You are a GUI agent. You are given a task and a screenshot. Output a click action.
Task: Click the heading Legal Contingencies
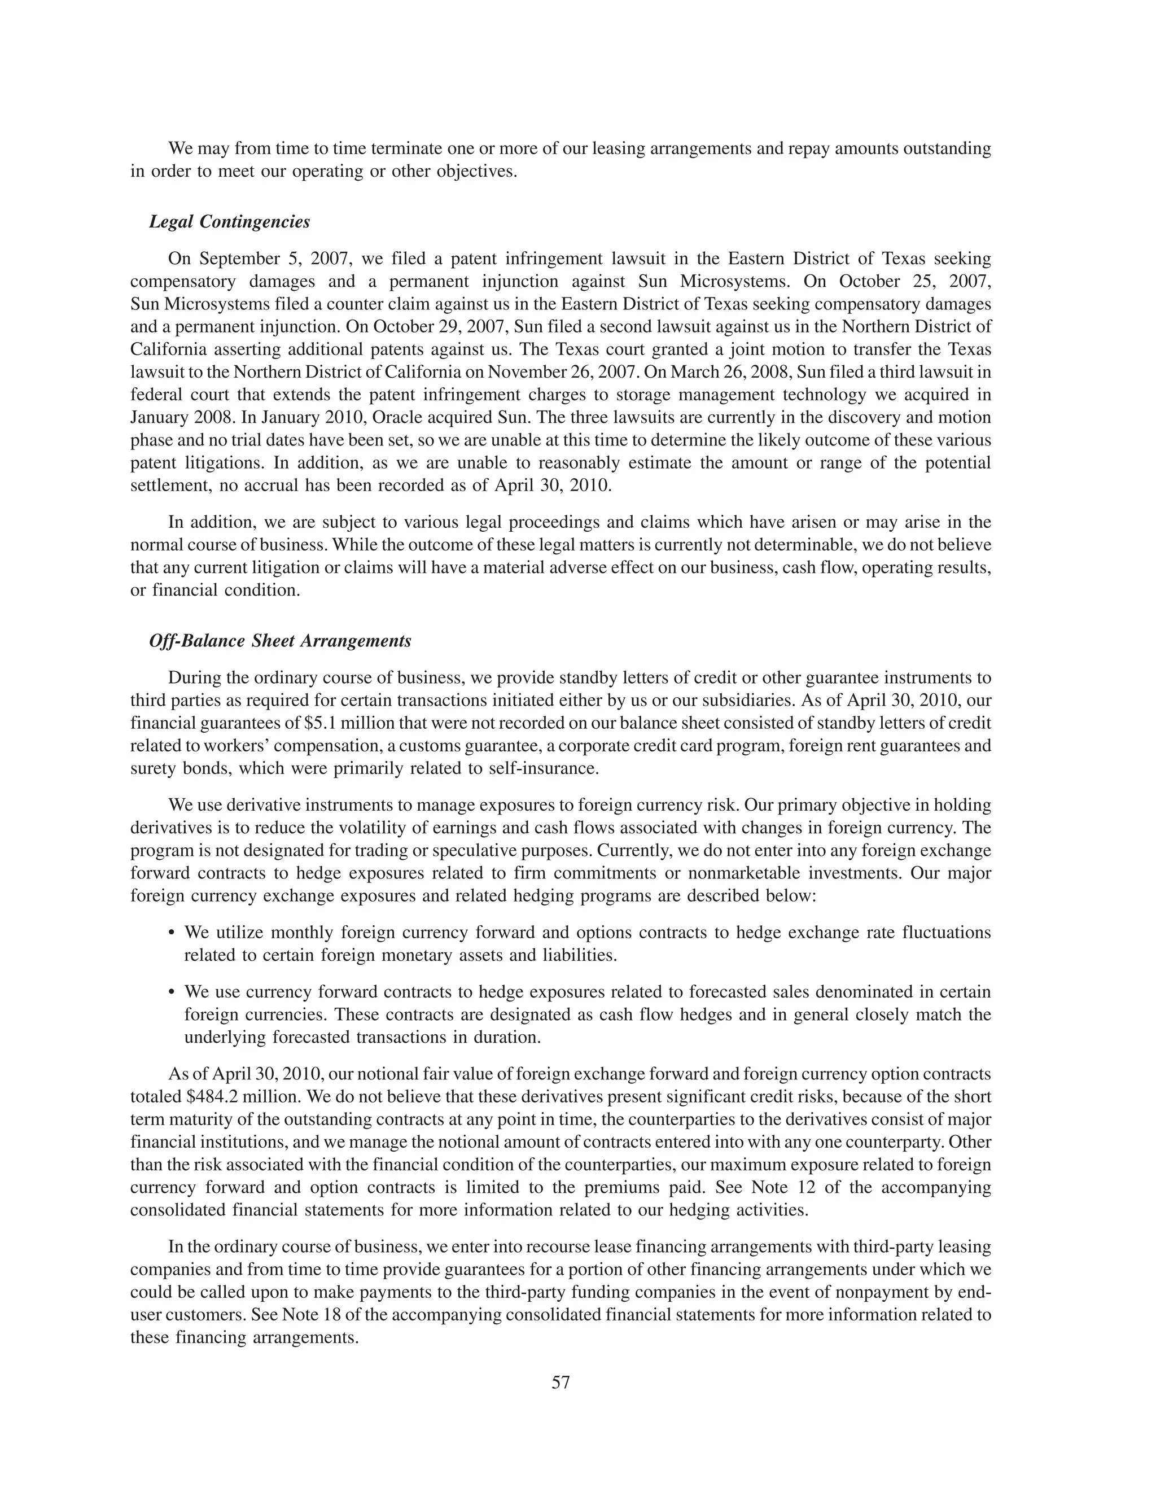(x=229, y=222)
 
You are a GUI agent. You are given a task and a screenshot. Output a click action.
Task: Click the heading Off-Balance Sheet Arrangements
(x=280, y=641)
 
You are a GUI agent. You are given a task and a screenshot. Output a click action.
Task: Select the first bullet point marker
(x=171, y=934)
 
